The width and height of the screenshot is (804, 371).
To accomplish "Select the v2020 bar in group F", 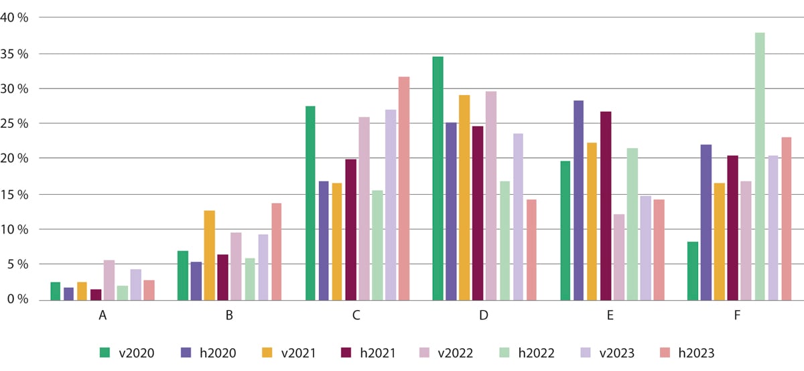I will click(x=693, y=271).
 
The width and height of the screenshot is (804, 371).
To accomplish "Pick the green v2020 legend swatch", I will click(x=104, y=352).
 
